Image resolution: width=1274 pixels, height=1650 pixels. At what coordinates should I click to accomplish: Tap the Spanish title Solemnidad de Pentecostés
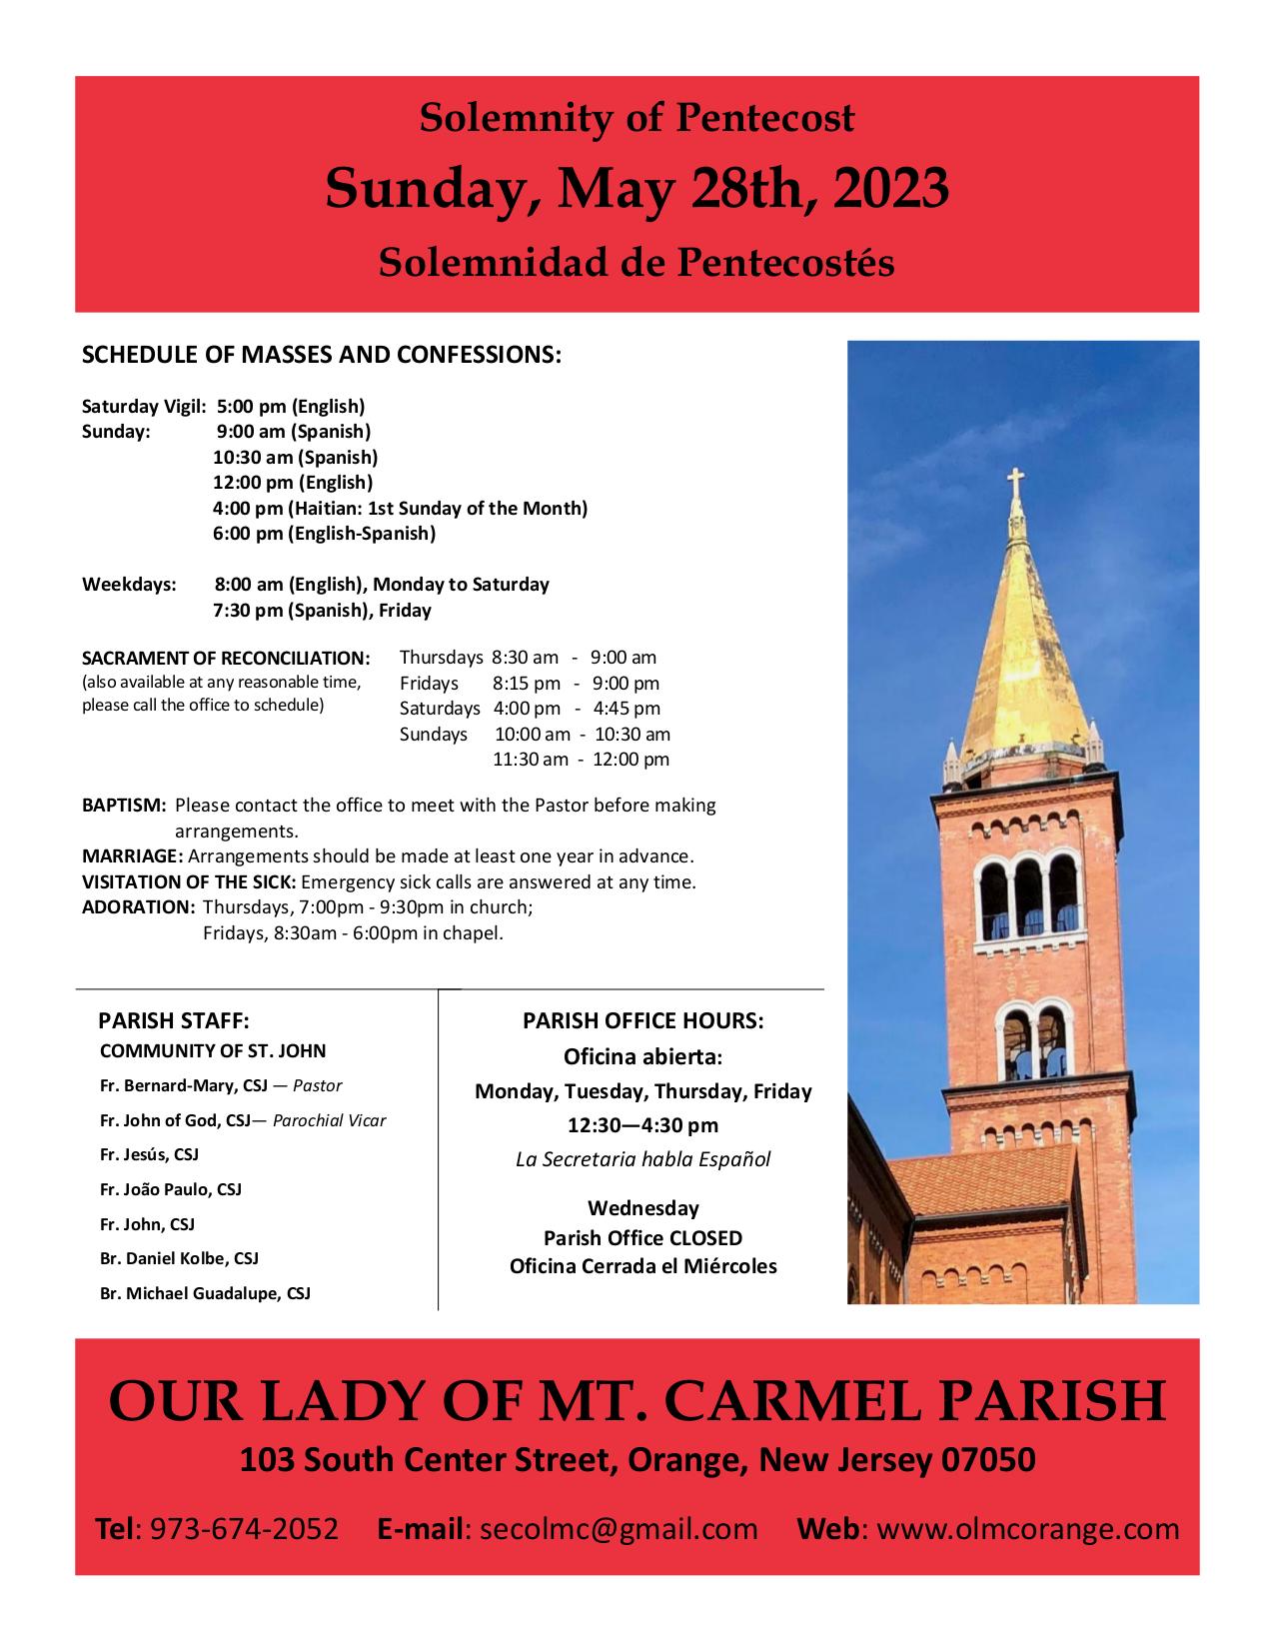coord(637,262)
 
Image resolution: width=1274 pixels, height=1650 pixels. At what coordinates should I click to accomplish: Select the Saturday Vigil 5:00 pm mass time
coord(290,406)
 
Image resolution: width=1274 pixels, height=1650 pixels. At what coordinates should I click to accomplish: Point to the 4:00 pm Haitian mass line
coord(400,508)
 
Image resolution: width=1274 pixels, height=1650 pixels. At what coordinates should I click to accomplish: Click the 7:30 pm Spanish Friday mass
coord(322,610)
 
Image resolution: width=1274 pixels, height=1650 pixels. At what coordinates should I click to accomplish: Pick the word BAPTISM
coord(123,805)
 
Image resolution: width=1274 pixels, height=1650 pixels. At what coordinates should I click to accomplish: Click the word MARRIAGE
coord(132,856)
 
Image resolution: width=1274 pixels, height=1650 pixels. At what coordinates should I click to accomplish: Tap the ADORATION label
coord(137,907)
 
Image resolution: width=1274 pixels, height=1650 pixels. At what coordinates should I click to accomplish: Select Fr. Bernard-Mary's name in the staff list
coord(192,1085)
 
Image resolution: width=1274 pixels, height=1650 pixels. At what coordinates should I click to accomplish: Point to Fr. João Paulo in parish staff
coord(171,1189)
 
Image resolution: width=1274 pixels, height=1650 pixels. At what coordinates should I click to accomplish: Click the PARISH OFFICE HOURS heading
coord(642,1020)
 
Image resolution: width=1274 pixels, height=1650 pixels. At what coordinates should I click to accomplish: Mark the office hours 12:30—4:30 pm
coord(642,1125)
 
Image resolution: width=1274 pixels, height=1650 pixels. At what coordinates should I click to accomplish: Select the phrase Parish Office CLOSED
coord(642,1238)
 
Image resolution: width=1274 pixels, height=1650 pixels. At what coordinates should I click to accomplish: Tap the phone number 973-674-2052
coord(244,1529)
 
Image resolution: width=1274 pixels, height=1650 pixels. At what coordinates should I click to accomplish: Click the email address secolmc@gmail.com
coord(619,1529)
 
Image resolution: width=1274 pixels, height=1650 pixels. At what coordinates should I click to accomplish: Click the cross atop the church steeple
coord(1016,487)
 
